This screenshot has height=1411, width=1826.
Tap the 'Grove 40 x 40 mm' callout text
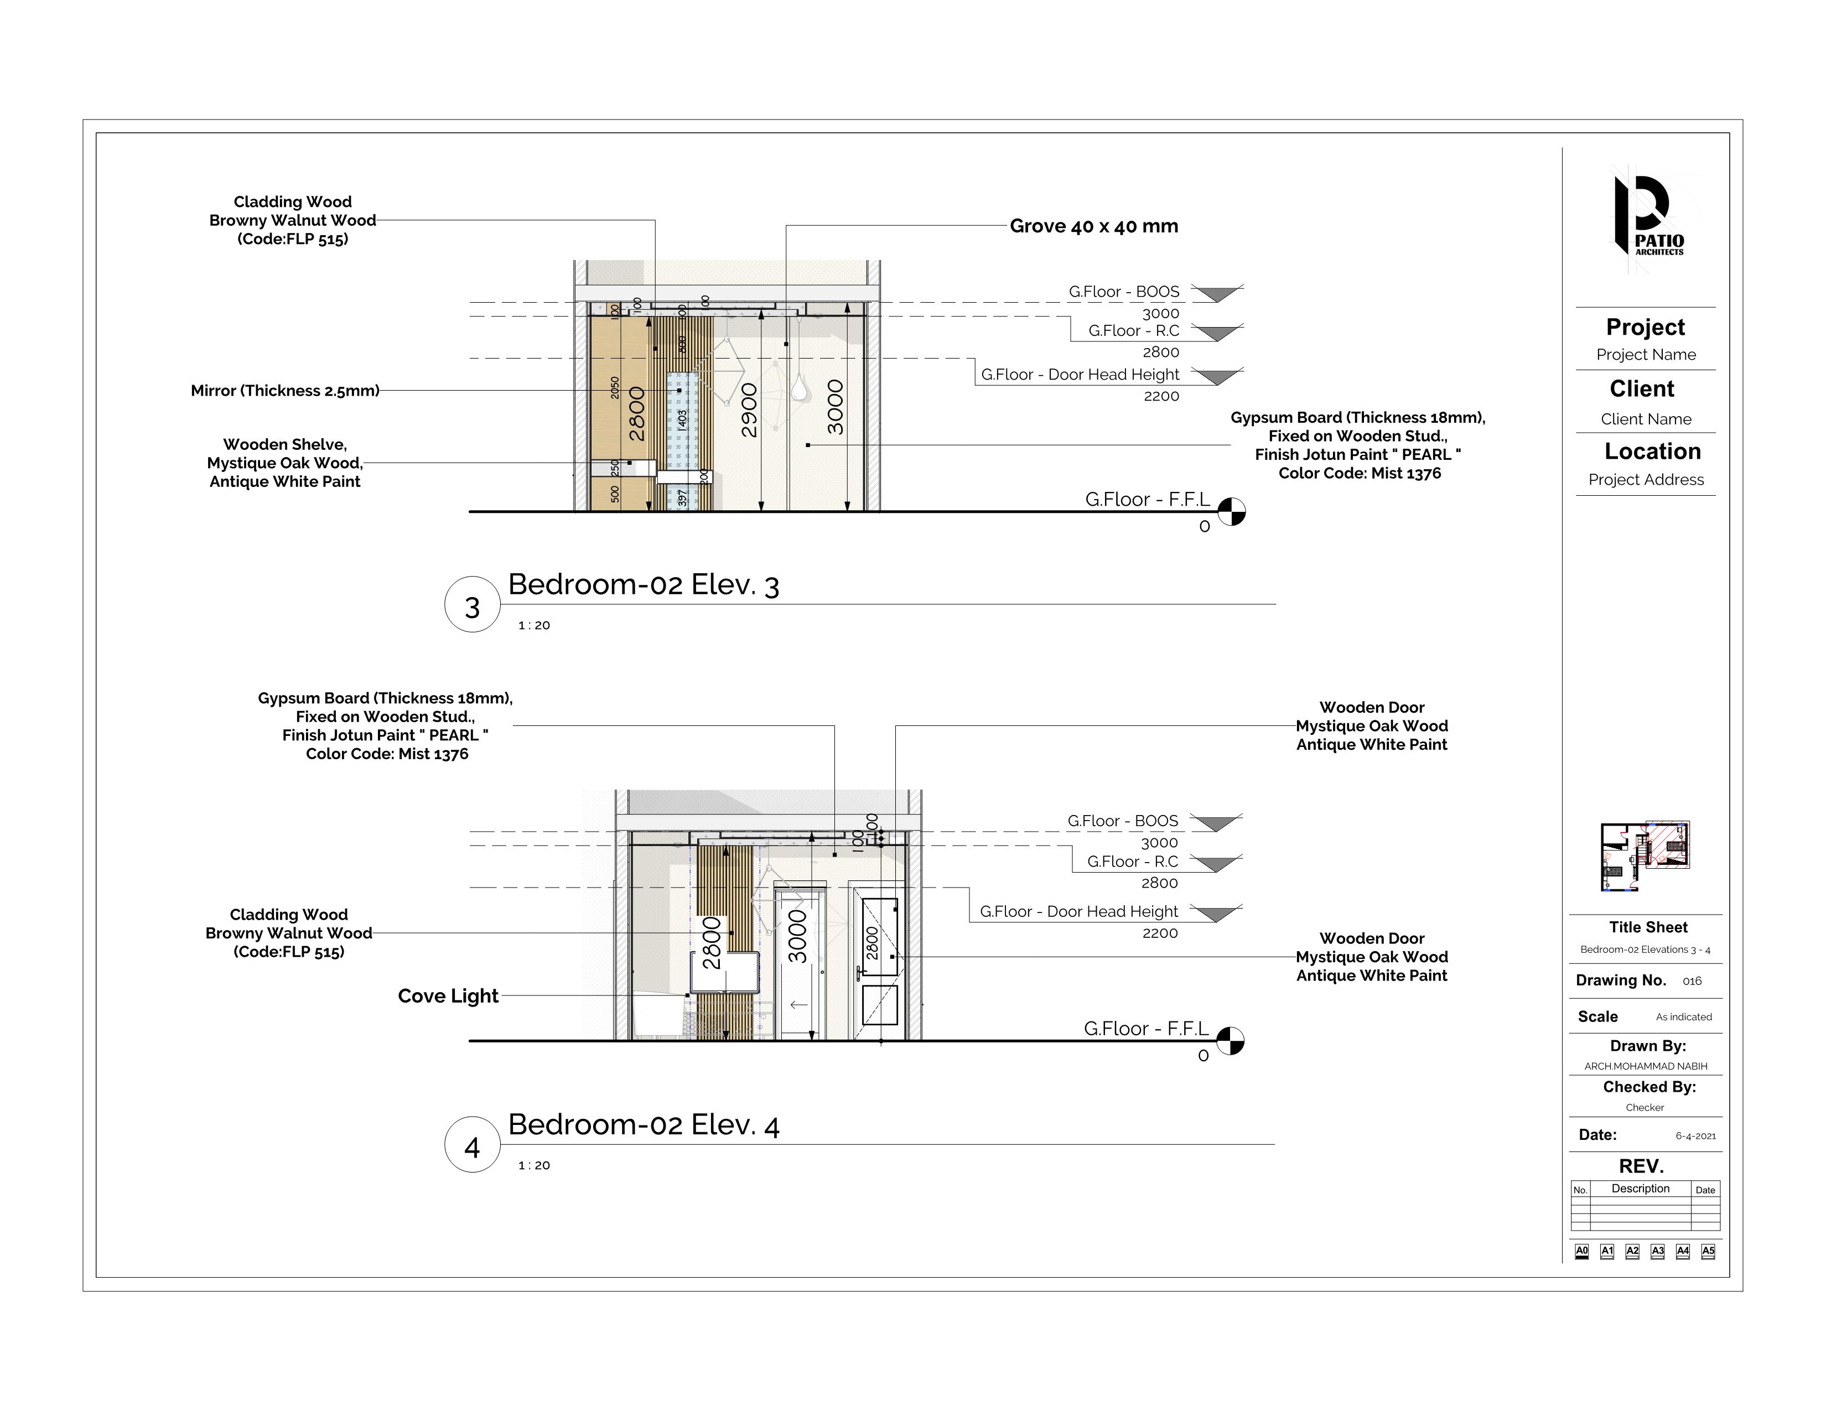(x=1093, y=226)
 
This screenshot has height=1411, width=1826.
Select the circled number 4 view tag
(x=473, y=1145)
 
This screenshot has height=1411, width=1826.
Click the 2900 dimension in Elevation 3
(x=749, y=409)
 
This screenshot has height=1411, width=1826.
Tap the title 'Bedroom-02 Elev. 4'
(x=644, y=1125)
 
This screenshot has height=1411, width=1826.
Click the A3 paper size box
(x=1657, y=1251)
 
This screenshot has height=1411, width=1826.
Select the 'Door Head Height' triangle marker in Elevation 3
(x=1216, y=377)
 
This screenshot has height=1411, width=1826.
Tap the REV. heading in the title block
(x=1641, y=1166)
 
